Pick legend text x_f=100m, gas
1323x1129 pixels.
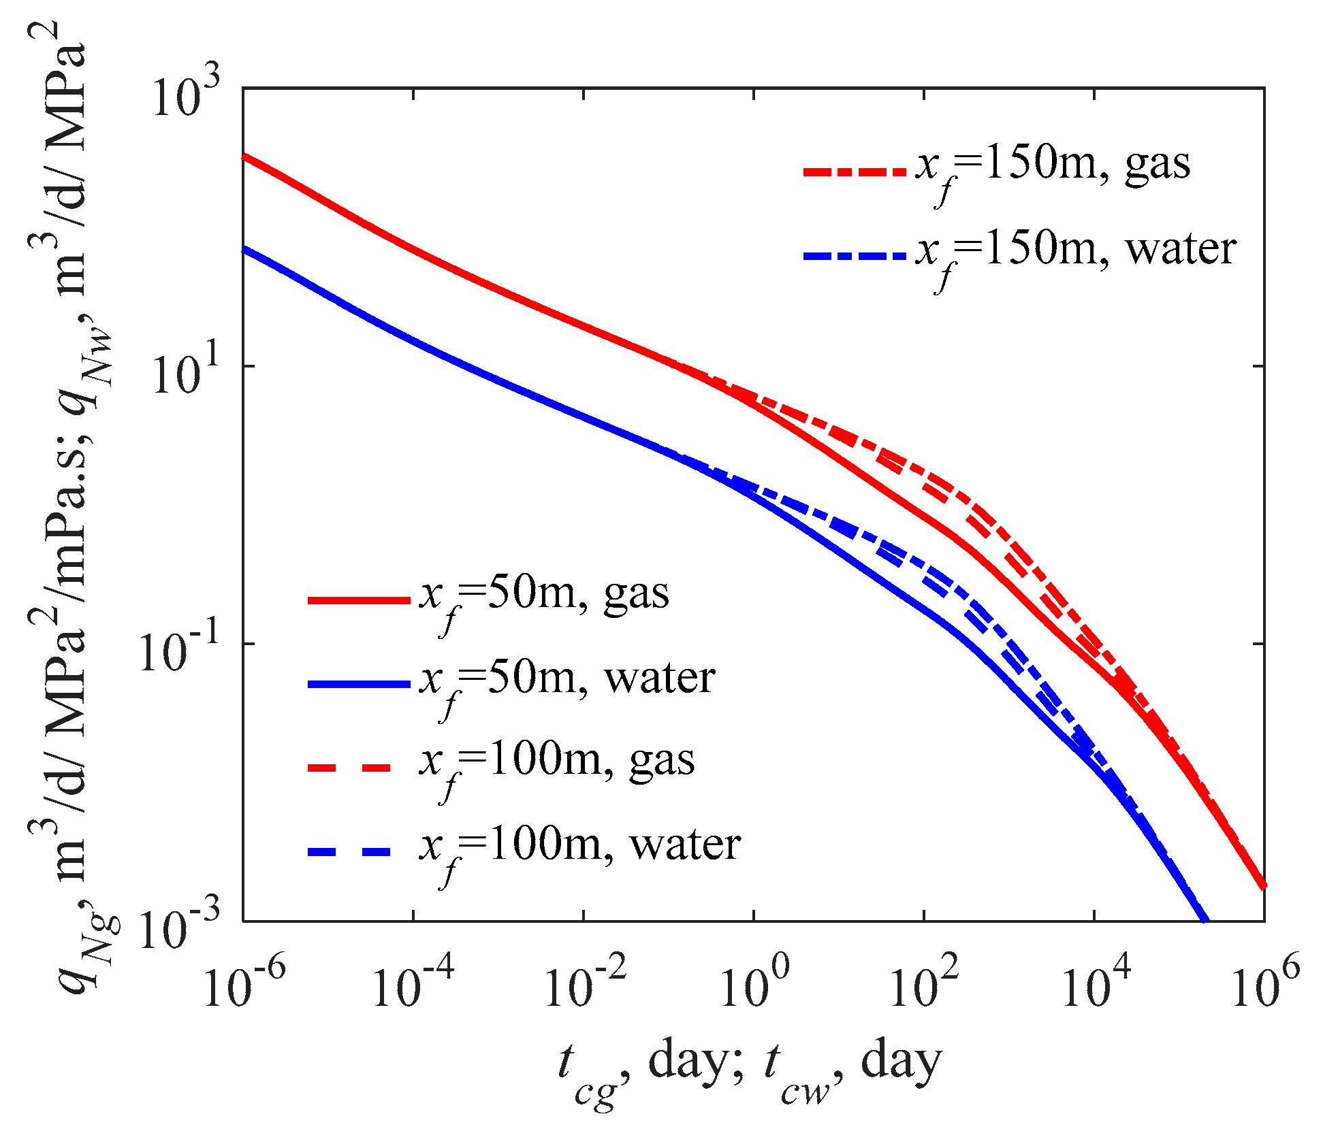[x=556, y=765]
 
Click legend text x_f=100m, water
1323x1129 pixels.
[x=579, y=849]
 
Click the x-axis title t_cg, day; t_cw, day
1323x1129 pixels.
[x=749, y=1066]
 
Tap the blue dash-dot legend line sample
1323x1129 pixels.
[x=855, y=257]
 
